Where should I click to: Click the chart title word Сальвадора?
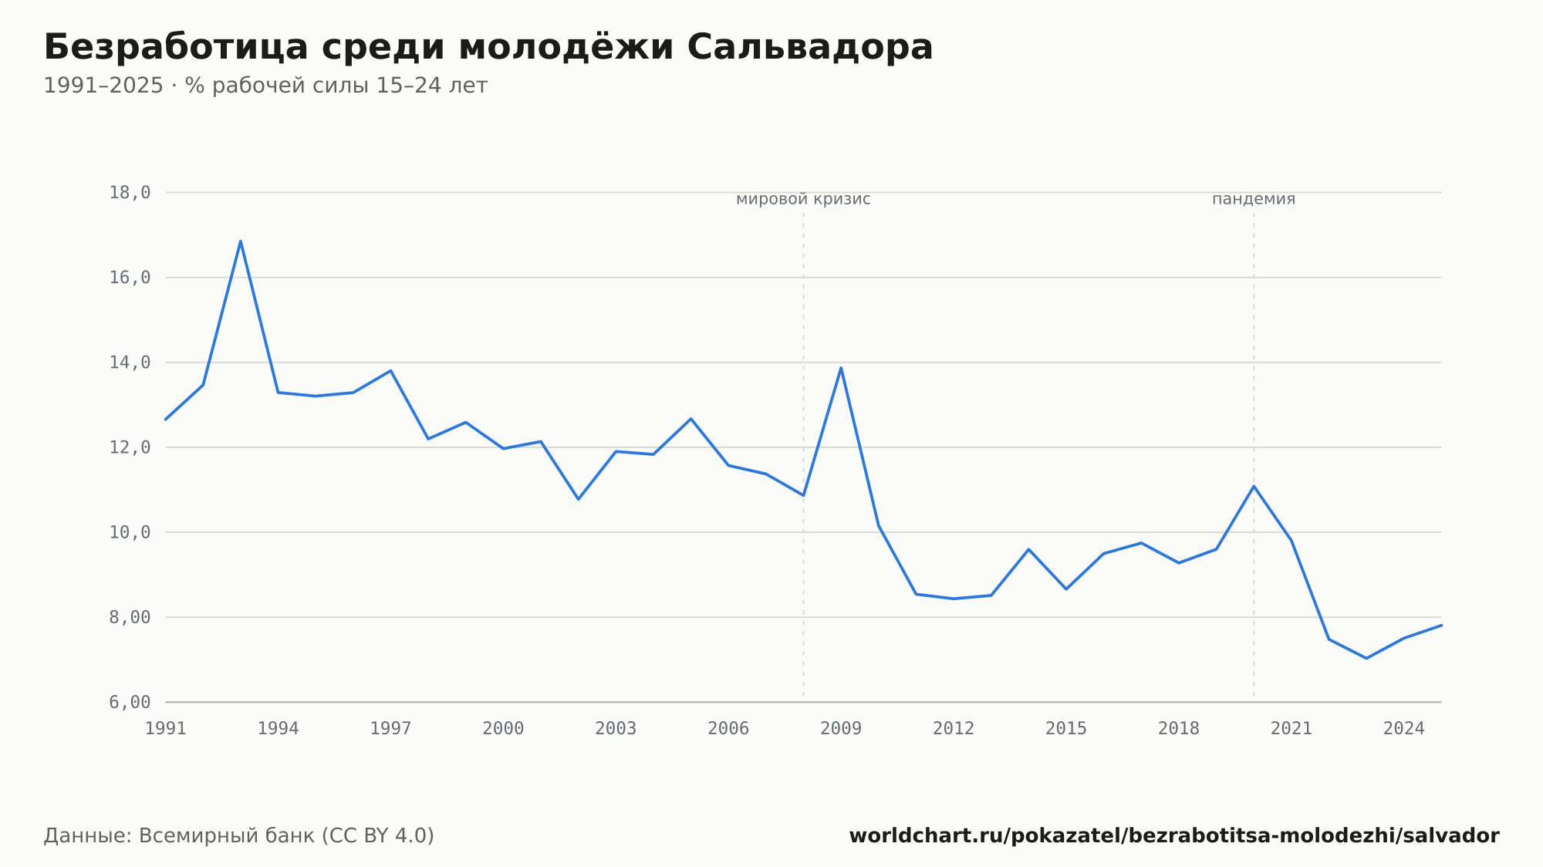(x=809, y=47)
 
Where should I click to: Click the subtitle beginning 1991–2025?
(x=265, y=86)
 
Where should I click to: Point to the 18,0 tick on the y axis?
(x=130, y=193)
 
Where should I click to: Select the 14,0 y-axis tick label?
(x=130, y=363)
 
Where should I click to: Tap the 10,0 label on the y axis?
(x=130, y=532)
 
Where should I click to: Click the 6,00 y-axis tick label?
(x=130, y=702)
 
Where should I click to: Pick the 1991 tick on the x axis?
(x=166, y=729)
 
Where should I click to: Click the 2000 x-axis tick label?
(x=503, y=729)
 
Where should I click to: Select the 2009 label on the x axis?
(x=841, y=729)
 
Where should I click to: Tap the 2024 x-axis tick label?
(x=1404, y=729)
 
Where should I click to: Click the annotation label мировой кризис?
(x=803, y=199)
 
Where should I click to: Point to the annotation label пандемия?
(x=1254, y=199)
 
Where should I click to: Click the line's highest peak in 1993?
(x=241, y=241)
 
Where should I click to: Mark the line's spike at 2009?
(x=841, y=367)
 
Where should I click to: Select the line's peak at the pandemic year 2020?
(x=1254, y=486)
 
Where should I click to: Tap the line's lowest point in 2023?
(x=1366, y=658)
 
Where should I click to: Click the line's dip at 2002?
(x=579, y=499)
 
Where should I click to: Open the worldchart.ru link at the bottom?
(x=1174, y=836)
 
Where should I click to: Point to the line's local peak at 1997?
(x=390, y=371)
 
